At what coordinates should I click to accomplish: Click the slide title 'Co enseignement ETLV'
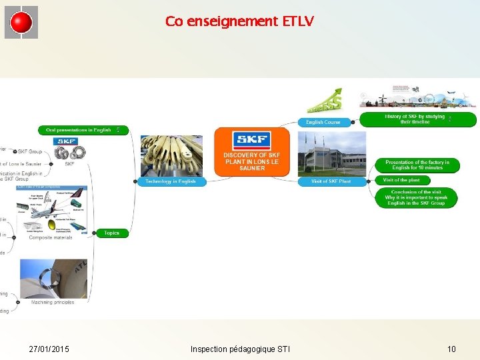pyautogui.click(x=239, y=21)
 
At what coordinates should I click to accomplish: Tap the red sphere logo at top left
pyautogui.click(x=21, y=23)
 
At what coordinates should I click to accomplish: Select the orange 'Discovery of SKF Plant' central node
pyautogui.click(x=252, y=152)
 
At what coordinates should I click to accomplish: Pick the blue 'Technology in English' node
pyautogui.click(x=171, y=181)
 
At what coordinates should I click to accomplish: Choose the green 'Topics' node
pyautogui.click(x=112, y=233)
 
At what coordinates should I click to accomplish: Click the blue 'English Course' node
pyautogui.click(x=323, y=122)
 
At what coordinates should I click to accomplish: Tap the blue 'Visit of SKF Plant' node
pyautogui.click(x=331, y=181)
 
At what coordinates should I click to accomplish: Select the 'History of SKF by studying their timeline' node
pyautogui.click(x=418, y=119)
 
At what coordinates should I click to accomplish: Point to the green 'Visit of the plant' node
pyautogui.click(x=401, y=180)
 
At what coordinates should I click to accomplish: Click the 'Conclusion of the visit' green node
pyautogui.click(x=416, y=198)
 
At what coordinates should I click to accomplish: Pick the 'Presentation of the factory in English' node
pyautogui.click(x=417, y=165)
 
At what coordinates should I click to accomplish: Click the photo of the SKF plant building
pyautogui.click(x=331, y=153)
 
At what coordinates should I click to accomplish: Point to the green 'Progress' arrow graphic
pyautogui.click(x=325, y=101)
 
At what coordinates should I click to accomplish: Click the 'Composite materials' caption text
pyautogui.click(x=51, y=237)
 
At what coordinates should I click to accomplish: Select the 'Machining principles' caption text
pyautogui.click(x=53, y=302)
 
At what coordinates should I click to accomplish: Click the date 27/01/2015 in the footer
pyautogui.click(x=49, y=349)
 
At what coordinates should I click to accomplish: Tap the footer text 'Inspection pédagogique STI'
pyautogui.click(x=240, y=349)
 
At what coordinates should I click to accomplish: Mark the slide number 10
pyautogui.click(x=451, y=349)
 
